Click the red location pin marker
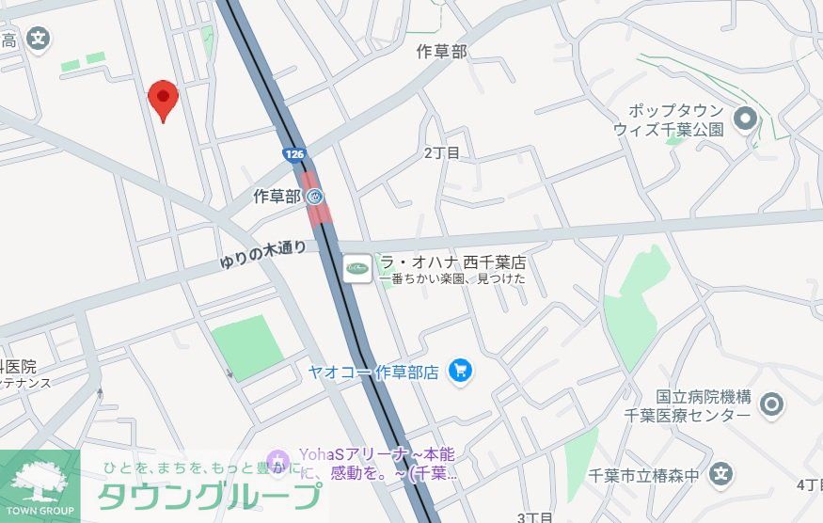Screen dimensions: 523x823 click(164, 98)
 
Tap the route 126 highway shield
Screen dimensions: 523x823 click(293, 152)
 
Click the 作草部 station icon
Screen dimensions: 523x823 click(315, 197)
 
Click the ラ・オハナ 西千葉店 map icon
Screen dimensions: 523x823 click(357, 269)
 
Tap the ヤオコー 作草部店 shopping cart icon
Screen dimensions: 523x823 click(460, 371)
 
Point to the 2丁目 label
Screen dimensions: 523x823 click(441, 152)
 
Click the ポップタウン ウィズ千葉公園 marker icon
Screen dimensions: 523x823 click(746, 119)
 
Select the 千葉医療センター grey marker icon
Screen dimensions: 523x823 click(771, 404)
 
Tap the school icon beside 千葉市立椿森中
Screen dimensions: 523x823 click(721, 474)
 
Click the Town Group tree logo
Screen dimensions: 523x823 click(40, 481)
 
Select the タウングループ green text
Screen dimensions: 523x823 click(210, 496)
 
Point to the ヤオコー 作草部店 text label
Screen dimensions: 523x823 click(373, 372)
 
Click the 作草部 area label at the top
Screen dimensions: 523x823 click(441, 52)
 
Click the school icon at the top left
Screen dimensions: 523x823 click(38, 40)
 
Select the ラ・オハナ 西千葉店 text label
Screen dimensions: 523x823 click(451, 261)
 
